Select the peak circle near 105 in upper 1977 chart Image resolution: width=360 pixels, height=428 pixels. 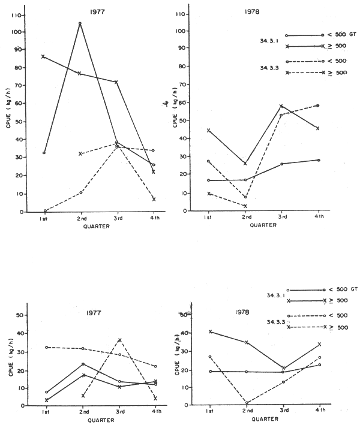80,23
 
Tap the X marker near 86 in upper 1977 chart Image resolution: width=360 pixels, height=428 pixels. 43,56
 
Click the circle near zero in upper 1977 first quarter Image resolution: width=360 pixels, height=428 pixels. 45,211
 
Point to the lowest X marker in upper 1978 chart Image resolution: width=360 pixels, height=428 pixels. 245,206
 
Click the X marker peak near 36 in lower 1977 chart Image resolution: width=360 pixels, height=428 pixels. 120,340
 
